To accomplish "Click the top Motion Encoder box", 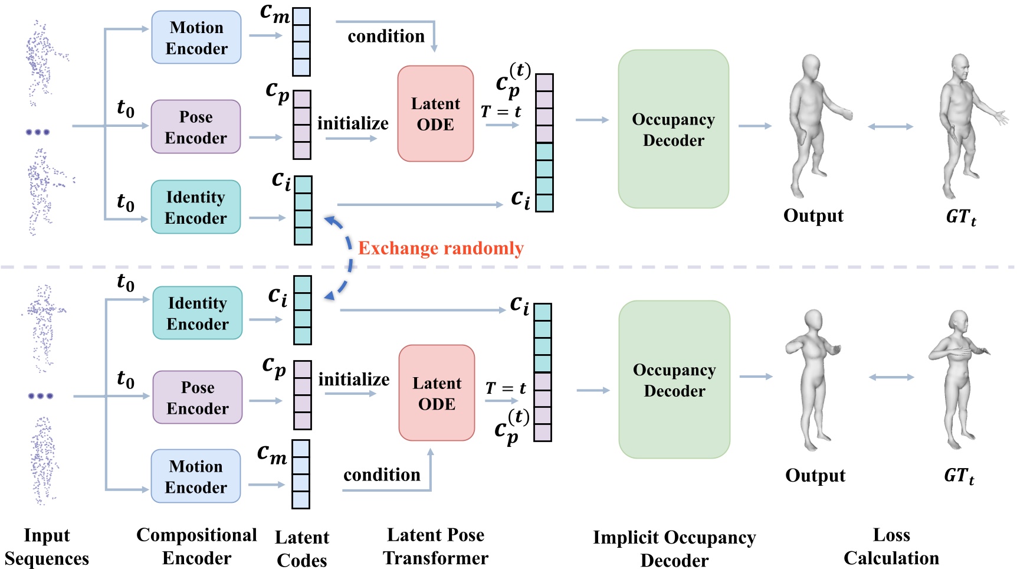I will pyautogui.click(x=196, y=38).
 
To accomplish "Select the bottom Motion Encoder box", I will pyautogui.click(x=196, y=476).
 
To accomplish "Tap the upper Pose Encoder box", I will pyautogui.click(x=196, y=127).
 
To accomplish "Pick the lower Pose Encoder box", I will pyautogui.click(x=198, y=397).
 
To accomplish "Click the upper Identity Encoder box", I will pyautogui.click(x=196, y=207).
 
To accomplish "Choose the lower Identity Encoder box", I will pyautogui.click(x=198, y=313).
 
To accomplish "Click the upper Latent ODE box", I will pyautogui.click(x=435, y=114).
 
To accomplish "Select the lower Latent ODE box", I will pyautogui.click(x=437, y=393).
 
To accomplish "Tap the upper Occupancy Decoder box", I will pyautogui.click(x=673, y=129).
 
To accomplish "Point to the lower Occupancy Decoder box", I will pyautogui.click(x=674, y=380).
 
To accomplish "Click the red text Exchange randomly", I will pyautogui.click(x=441, y=248).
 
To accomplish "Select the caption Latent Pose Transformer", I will pyautogui.click(x=435, y=547).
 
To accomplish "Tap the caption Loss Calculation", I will pyautogui.click(x=891, y=547).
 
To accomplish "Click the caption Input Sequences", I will pyautogui.click(x=47, y=547).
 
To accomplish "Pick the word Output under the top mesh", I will pyautogui.click(x=813, y=215).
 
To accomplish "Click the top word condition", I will pyautogui.click(x=386, y=37).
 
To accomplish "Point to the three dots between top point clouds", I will pyautogui.click(x=38, y=132).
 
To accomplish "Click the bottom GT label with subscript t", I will pyautogui.click(x=959, y=476).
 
